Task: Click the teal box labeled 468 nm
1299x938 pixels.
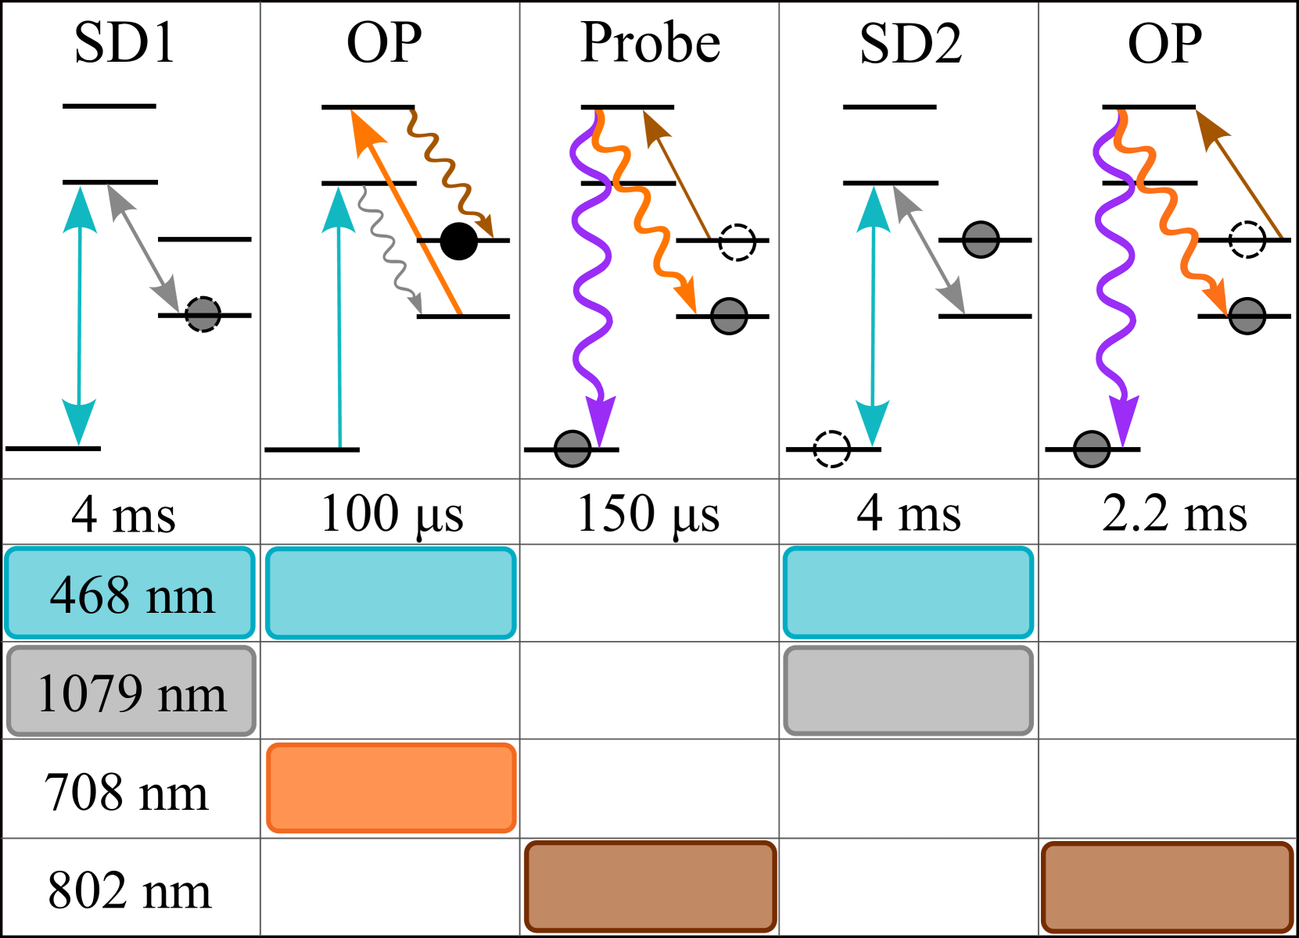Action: point(130,593)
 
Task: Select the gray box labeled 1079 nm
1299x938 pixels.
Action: point(131,691)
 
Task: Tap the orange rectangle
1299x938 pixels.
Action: point(391,788)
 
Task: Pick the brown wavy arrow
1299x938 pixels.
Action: point(449,172)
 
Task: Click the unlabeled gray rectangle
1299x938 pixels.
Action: point(908,691)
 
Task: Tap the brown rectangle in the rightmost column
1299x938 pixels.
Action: point(1167,886)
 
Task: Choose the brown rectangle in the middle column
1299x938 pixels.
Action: point(650,886)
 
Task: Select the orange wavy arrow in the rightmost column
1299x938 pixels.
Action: point(1169,211)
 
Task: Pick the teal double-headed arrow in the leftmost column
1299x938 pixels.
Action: point(80,316)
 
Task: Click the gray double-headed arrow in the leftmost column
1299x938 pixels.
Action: point(143,248)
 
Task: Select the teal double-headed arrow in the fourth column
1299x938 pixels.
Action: point(873,316)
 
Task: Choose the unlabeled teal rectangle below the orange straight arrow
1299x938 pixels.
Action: point(390,593)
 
